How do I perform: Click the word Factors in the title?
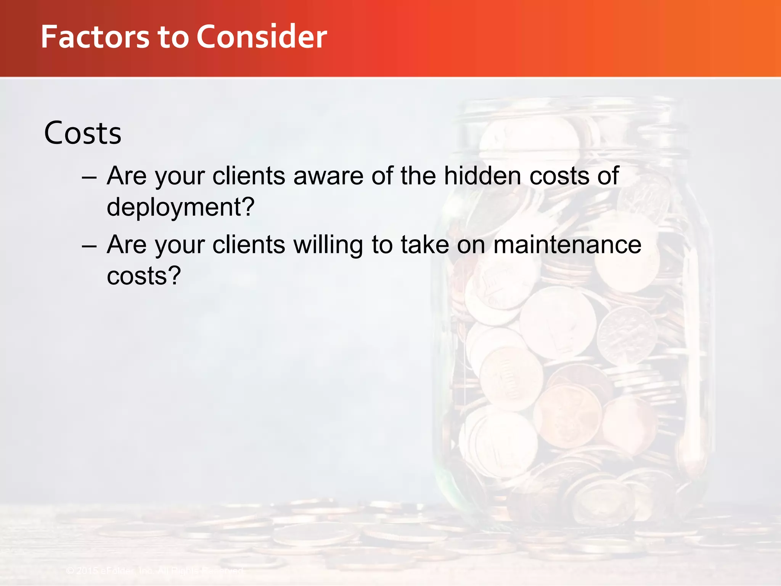pyautogui.click(x=95, y=37)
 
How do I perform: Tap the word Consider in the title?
pyautogui.click(x=262, y=37)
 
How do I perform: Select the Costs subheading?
pyautogui.click(x=83, y=133)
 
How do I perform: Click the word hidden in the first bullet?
pyautogui.click(x=482, y=176)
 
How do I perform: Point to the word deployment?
pyautogui.click(x=180, y=207)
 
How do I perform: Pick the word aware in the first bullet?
pyautogui.click(x=328, y=176)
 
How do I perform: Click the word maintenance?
pyautogui.click(x=567, y=245)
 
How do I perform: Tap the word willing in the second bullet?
pyautogui.click(x=328, y=245)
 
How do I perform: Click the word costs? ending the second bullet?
pyautogui.click(x=143, y=276)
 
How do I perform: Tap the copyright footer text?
pyautogui.click(x=154, y=571)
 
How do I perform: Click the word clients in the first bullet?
pyautogui.click(x=249, y=176)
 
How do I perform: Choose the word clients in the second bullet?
pyautogui.click(x=249, y=245)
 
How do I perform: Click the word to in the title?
pyautogui.click(x=173, y=37)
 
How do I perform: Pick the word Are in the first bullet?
pyautogui.click(x=127, y=176)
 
